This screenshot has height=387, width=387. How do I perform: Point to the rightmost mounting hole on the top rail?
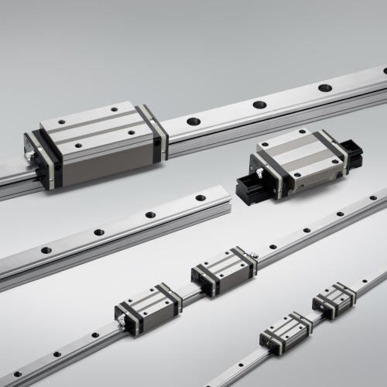coord(325,87)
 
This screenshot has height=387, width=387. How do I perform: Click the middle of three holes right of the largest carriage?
coord(259,104)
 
